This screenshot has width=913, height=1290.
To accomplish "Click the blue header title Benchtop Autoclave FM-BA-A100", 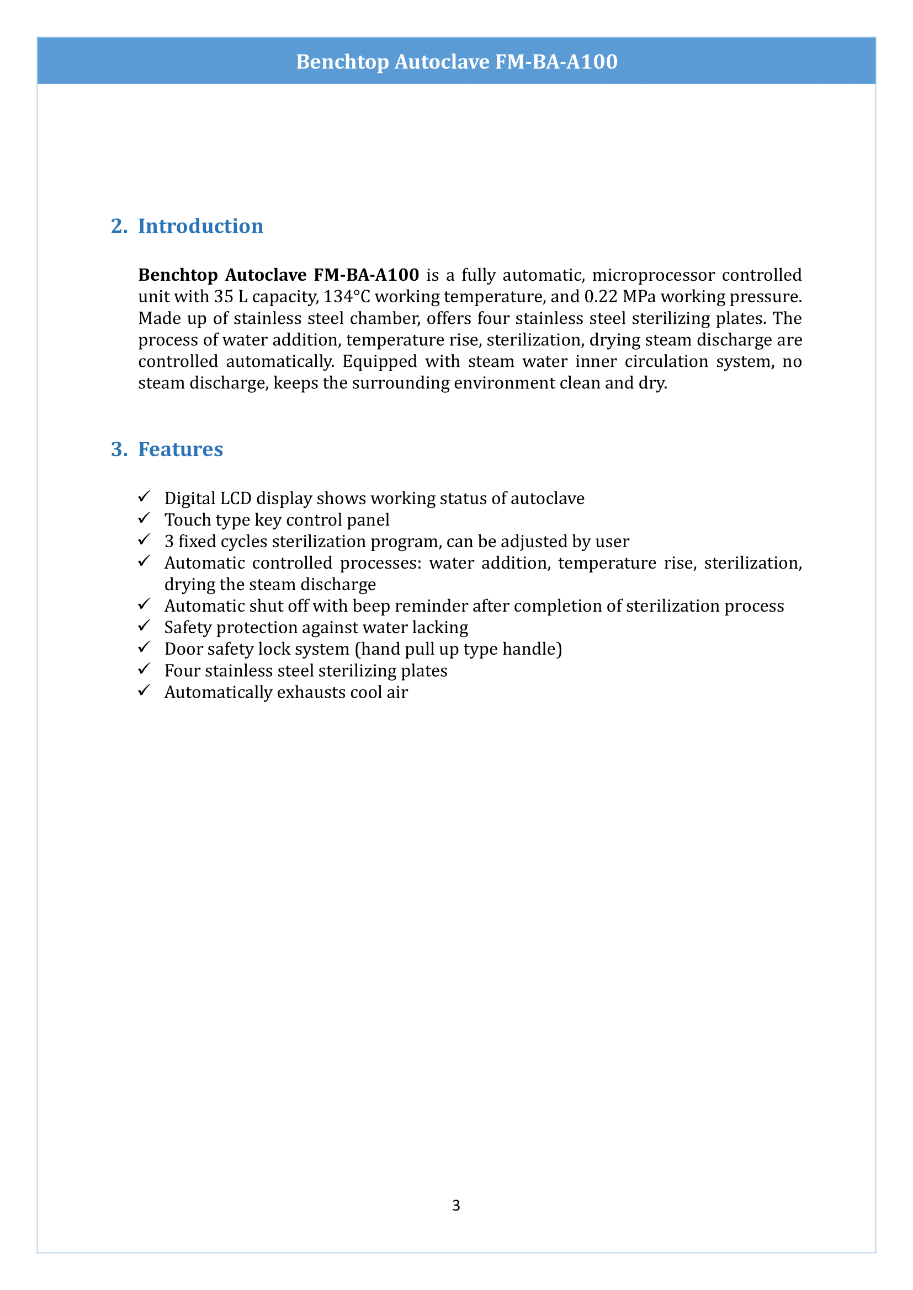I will [456, 61].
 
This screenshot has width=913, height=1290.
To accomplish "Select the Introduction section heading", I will [200, 226].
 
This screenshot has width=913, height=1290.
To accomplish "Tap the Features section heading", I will [181, 449].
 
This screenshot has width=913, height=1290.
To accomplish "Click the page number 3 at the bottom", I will [456, 1205].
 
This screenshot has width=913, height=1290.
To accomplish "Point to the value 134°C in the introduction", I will [347, 297].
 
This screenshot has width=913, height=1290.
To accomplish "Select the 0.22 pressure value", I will [601, 297].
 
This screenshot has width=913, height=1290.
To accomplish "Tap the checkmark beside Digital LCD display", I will [145, 497].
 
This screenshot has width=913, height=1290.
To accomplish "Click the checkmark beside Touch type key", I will [145, 518].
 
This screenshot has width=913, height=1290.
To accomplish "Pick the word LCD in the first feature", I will [236, 499].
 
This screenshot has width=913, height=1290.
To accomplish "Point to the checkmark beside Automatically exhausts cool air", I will [145, 691].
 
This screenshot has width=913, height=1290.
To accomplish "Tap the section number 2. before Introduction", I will [119, 226].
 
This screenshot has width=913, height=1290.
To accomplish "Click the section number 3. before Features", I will [119, 449].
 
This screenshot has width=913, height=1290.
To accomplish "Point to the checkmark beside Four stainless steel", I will [145, 669].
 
